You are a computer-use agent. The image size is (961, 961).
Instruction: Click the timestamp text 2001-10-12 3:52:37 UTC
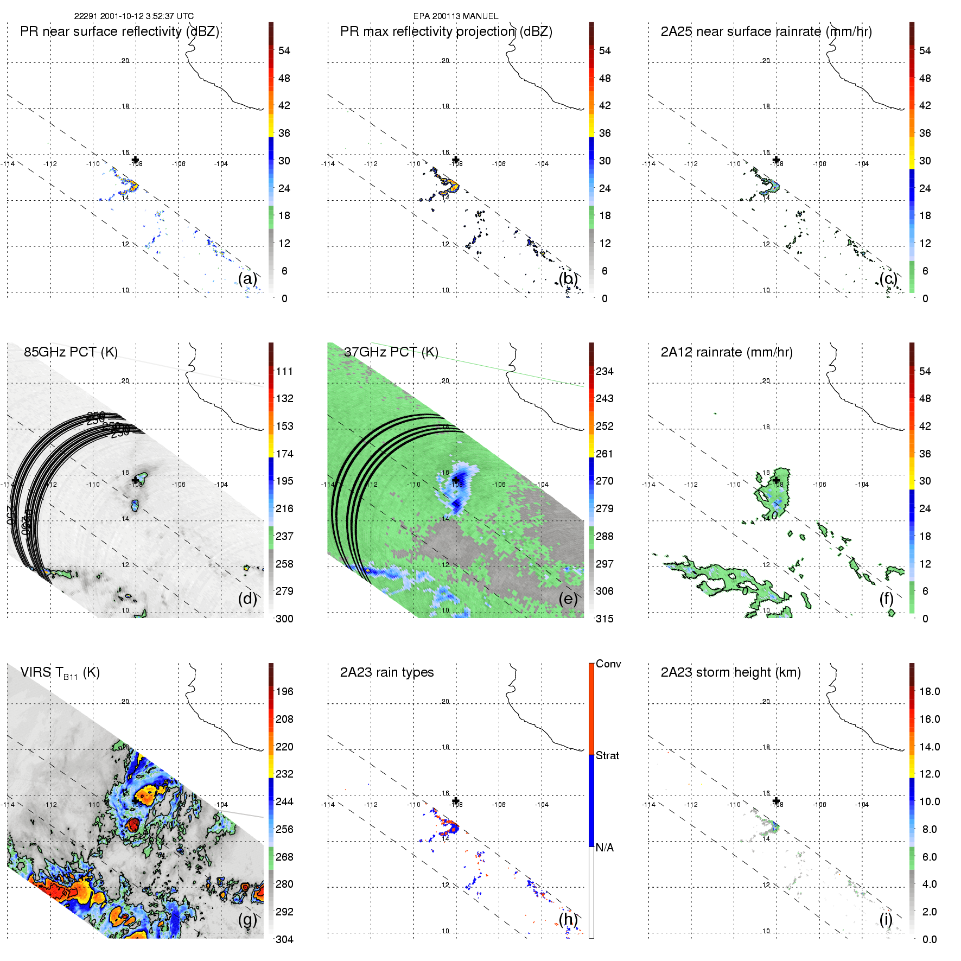coord(147,16)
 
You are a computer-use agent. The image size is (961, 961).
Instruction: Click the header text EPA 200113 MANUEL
coord(456,16)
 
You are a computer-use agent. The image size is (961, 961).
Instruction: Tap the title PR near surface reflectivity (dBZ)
coord(119,31)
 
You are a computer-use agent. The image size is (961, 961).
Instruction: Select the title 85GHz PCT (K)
coord(71,352)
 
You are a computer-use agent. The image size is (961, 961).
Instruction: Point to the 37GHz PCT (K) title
coord(391,352)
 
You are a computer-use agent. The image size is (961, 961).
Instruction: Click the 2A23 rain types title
coord(387,672)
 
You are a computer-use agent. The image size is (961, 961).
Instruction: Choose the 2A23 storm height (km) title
coord(730,672)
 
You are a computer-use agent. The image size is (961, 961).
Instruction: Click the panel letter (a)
coord(247,278)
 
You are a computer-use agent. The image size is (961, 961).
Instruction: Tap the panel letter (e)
coord(568,599)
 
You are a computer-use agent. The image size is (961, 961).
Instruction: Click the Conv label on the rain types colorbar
coord(608,664)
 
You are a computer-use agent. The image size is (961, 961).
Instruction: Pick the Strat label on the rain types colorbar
coord(607,755)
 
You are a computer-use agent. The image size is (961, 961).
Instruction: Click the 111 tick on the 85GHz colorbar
coord(284,371)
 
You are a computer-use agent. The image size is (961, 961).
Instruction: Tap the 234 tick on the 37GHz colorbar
coord(604,371)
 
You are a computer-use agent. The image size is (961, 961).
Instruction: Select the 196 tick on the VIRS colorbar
coord(284,691)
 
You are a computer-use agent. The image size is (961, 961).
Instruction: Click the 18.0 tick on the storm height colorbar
coord(929,691)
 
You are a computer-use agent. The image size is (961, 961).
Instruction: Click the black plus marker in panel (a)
coord(136,160)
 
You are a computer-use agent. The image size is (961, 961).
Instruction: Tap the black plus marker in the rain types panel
coord(456,801)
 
